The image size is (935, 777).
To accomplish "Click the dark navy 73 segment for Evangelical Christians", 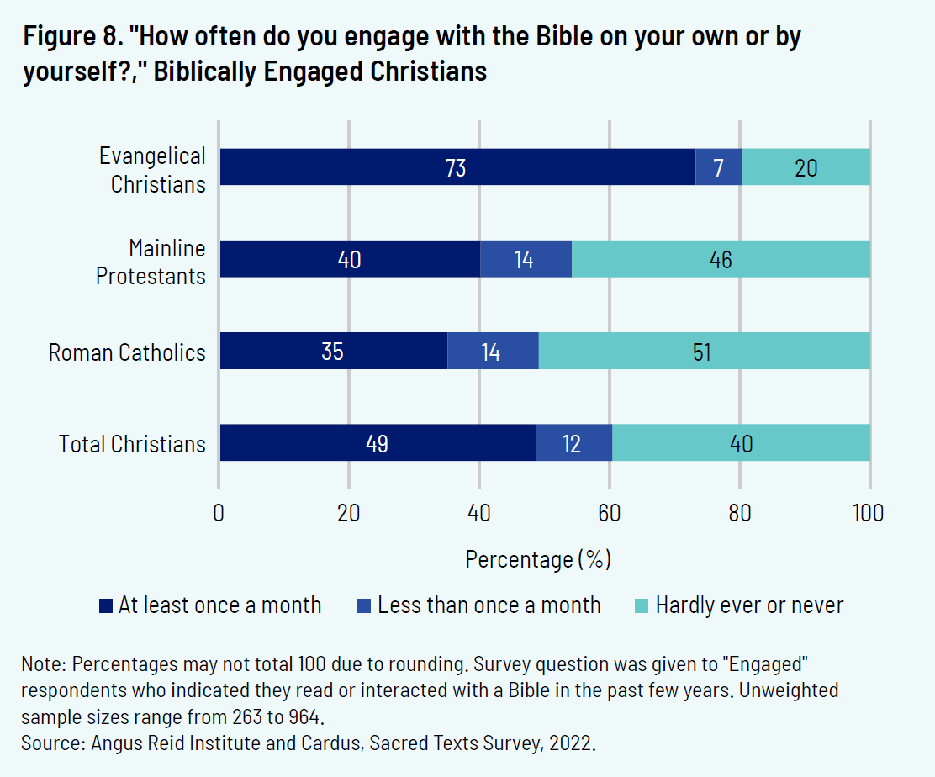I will click(457, 167).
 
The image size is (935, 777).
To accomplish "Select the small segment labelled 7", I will click(718, 167).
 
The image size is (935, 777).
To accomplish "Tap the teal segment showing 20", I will click(806, 167).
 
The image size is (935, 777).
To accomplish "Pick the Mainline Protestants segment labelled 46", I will click(721, 259).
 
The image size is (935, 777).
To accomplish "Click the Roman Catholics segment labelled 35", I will click(333, 351).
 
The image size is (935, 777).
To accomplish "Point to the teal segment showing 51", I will click(704, 351).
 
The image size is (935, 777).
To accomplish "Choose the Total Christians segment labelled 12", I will click(573, 443).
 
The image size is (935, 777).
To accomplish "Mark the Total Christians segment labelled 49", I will click(378, 443).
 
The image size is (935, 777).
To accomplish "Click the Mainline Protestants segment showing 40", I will click(349, 259).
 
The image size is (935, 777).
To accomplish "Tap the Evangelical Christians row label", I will click(152, 170).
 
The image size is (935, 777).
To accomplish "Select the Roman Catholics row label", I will click(127, 351).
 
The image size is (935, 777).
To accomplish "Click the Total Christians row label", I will click(132, 444).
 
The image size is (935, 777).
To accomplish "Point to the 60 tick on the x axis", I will click(610, 512).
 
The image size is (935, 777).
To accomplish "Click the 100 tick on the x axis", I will click(869, 512).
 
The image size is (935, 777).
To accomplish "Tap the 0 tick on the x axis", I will click(219, 512).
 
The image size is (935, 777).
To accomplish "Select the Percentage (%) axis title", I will click(538, 558).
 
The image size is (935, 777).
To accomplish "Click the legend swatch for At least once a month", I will click(106, 605).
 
